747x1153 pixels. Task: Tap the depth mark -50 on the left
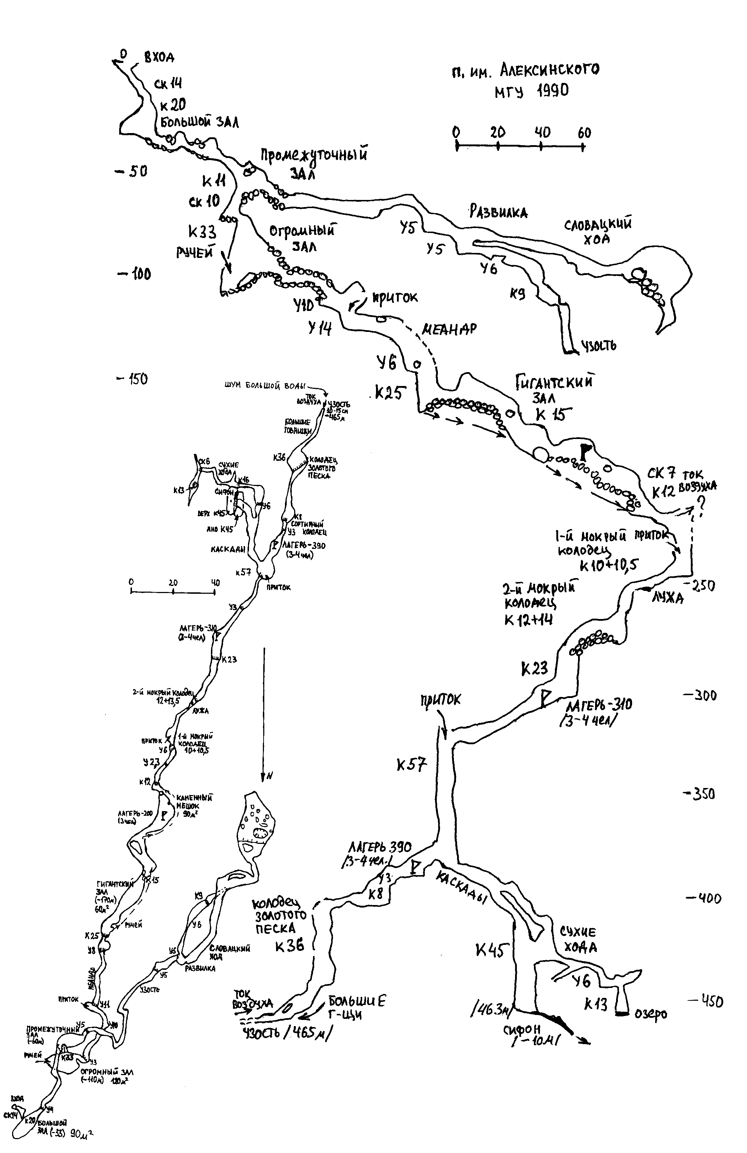click(132, 171)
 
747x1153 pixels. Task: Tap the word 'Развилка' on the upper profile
click(498, 212)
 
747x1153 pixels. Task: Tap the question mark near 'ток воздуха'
click(700, 507)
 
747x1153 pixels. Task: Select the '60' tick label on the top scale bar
click(584, 133)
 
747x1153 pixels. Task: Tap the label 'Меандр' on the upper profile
click(449, 329)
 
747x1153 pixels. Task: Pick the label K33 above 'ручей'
click(202, 233)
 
